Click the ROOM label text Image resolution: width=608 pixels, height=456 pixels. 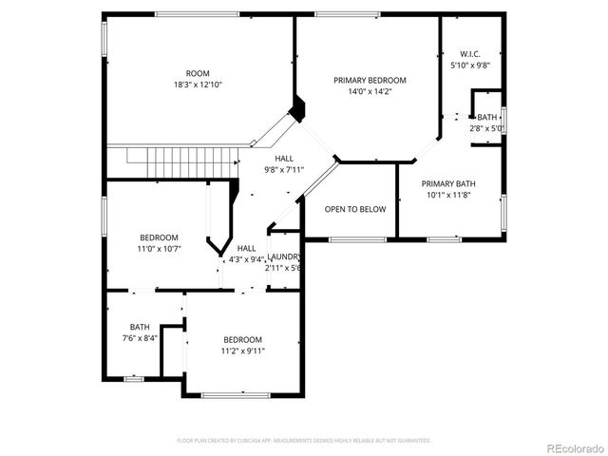[x=198, y=73]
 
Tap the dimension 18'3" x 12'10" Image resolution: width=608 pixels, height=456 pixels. [x=198, y=85]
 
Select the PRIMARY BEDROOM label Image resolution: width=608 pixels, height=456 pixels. [x=370, y=81]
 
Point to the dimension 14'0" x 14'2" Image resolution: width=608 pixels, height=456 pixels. [x=370, y=92]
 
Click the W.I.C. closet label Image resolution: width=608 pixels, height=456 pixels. [x=469, y=54]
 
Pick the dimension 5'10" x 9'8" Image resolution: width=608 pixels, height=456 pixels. [x=469, y=66]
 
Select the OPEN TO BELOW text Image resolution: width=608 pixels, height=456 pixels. [x=355, y=209]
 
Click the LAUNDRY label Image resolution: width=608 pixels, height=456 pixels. [x=284, y=256]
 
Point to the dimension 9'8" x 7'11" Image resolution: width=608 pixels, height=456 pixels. [x=285, y=170]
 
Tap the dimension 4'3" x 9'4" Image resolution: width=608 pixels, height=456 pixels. [x=246, y=258]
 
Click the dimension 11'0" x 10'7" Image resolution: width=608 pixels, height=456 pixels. [x=160, y=249]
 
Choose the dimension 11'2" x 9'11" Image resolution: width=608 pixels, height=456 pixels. [x=243, y=351]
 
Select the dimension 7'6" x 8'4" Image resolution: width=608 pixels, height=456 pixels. [x=140, y=337]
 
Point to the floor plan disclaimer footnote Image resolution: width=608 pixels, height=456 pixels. [x=304, y=441]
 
